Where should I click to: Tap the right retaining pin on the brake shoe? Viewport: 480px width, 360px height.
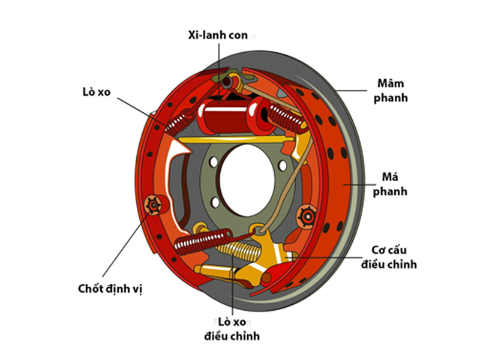click(307, 214)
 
